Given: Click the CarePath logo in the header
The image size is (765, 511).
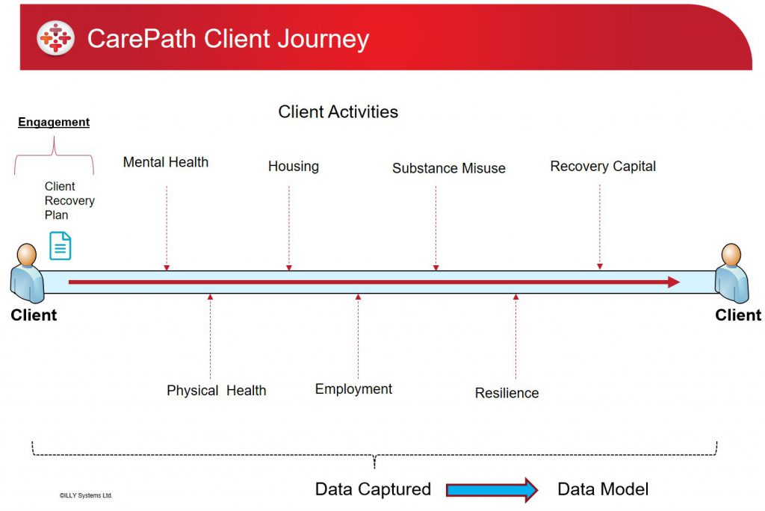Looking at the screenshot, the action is click(x=55, y=38).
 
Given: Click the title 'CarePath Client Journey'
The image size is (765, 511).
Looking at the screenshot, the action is click(x=228, y=39).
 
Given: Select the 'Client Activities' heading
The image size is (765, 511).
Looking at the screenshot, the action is click(x=338, y=112).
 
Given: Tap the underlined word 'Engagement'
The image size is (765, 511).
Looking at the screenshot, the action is click(x=54, y=122).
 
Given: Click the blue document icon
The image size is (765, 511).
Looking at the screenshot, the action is click(x=61, y=246).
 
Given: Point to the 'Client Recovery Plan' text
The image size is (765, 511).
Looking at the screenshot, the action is click(x=69, y=201).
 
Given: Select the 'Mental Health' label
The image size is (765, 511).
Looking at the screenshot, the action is click(x=165, y=162).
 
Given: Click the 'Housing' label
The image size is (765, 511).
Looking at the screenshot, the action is click(x=293, y=167).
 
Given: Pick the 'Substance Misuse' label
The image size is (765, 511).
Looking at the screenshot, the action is click(x=449, y=168).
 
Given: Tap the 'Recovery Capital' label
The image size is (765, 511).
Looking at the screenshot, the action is click(x=603, y=167).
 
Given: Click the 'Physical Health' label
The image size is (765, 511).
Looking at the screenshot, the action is click(x=217, y=391).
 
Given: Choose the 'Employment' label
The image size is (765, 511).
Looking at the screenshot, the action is click(x=353, y=389).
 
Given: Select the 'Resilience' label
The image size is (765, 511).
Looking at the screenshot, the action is click(x=507, y=393).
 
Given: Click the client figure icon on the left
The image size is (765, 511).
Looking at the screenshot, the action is click(x=28, y=273).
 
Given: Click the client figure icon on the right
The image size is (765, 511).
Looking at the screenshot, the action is click(x=731, y=273).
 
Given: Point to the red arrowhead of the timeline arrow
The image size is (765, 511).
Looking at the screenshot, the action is click(x=674, y=282).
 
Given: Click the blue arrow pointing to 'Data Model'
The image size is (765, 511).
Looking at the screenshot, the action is click(x=492, y=489).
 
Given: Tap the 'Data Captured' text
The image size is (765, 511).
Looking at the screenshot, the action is click(x=374, y=489).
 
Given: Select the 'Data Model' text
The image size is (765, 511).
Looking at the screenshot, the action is click(x=603, y=489).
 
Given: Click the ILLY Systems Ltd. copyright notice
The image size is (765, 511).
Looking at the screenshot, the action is click(x=86, y=495).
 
